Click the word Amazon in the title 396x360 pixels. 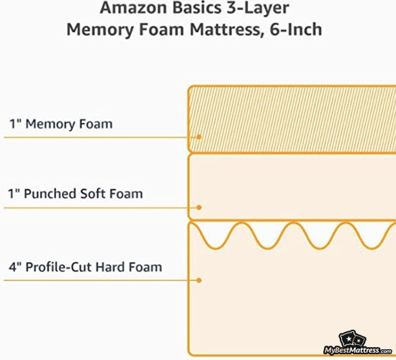134,8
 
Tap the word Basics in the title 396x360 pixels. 197,8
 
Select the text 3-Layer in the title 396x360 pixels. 258,9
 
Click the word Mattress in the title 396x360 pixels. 225,30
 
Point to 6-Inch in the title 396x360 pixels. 296,30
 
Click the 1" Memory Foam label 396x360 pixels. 61,125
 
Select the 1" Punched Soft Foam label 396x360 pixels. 76,194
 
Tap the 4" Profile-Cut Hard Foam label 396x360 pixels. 86,267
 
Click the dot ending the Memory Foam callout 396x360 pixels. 199,137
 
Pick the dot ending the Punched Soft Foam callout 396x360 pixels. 199,207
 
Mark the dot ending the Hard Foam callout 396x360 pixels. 199,280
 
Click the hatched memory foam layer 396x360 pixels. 292,120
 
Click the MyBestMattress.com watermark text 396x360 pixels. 357,351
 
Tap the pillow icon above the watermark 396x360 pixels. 352,339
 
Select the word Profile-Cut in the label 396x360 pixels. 59,267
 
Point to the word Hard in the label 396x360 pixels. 110,267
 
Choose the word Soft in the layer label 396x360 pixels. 93,194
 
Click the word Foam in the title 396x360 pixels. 161,30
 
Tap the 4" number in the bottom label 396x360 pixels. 15,267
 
